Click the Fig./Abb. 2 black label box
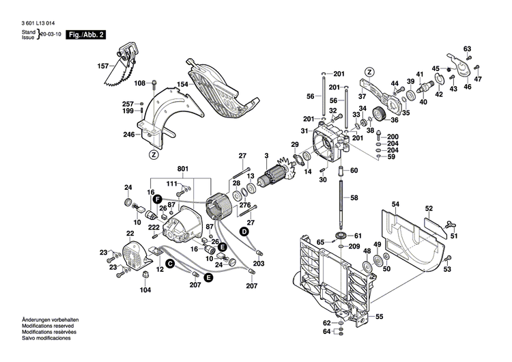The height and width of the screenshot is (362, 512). (87, 33)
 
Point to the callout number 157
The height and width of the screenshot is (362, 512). (103, 66)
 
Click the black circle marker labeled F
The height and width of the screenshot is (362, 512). (157, 198)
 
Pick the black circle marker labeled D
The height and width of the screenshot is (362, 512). (242, 232)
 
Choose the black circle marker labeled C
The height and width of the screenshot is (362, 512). (170, 263)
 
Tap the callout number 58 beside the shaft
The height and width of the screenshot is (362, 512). (354, 197)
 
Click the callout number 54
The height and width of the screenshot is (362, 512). (395, 204)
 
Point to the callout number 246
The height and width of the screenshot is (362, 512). (129, 135)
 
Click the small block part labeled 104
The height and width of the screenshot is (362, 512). (145, 274)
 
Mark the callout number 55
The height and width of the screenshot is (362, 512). (380, 316)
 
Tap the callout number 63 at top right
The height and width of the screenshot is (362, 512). (468, 48)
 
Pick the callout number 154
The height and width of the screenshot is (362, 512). (183, 85)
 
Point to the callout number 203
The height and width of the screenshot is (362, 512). (259, 263)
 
